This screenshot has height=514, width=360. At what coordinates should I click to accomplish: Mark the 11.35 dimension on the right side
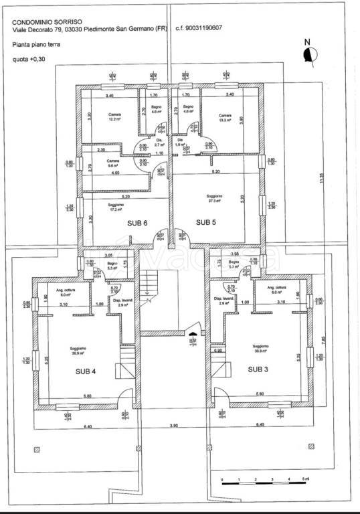322,178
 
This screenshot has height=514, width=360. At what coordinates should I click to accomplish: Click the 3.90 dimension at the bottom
174,426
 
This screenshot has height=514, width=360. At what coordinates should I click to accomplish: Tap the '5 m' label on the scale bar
305,480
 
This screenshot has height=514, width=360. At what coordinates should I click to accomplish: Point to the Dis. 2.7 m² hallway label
159,142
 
